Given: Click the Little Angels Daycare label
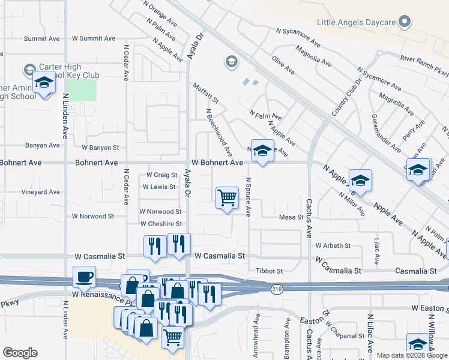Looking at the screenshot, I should coord(357,23).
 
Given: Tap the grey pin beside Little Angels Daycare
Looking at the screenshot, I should coord(405,23).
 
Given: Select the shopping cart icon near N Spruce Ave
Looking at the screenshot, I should coord(227,197).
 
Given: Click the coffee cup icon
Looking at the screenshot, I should coord(84,277).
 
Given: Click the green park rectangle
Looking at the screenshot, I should coord(81,90).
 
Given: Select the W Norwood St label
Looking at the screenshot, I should coord(160,212).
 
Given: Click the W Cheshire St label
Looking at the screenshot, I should coord(161,224).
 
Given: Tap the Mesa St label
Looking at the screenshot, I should coord(292,217).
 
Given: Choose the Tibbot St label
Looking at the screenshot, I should coord(269,271).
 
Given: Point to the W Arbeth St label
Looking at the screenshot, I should coord(333,245).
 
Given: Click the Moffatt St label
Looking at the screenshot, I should coord(206,93).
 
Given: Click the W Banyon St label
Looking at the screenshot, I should coord(101,148).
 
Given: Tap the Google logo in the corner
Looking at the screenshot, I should coord(20,353).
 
